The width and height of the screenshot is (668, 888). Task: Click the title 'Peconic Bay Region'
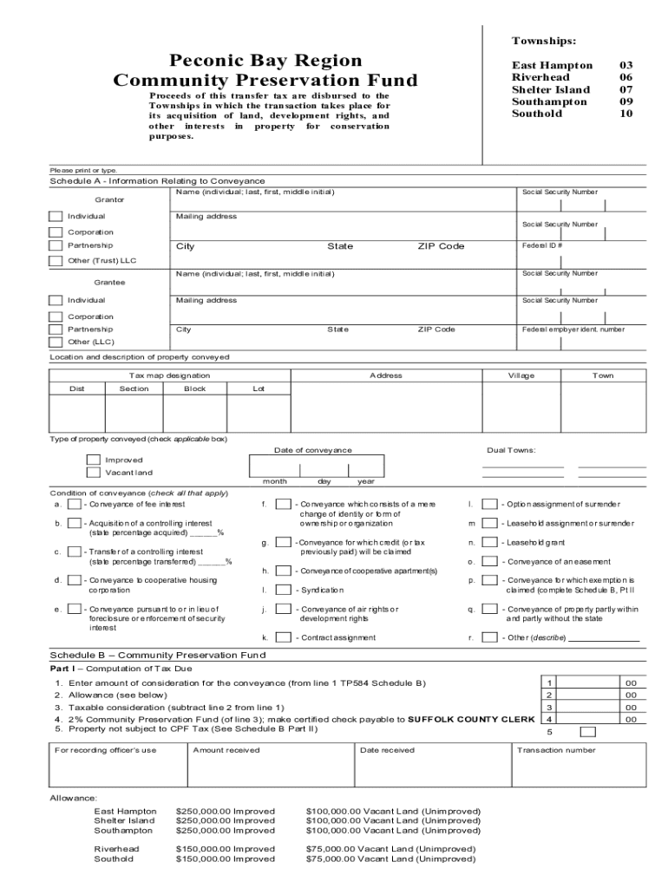pos(265,60)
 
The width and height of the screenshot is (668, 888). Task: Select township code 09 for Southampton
pos(625,101)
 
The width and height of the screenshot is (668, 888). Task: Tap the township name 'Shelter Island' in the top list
pos(550,89)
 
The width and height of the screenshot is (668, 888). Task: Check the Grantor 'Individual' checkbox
pos(56,216)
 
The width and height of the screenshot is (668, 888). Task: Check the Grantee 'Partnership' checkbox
pos(56,330)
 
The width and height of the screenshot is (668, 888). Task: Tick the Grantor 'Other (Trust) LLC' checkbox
pos(56,260)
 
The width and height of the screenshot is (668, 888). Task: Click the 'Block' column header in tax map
pos(195,388)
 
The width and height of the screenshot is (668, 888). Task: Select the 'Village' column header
pos(521,375)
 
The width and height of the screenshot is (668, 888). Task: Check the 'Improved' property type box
pos(93,460)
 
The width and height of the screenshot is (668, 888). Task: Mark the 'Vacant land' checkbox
pos(93,473)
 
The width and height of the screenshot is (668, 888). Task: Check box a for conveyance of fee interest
pos(75,504)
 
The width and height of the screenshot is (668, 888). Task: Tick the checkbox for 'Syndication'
pos(283,590)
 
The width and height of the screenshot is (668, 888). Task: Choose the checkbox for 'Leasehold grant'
pos(490,542)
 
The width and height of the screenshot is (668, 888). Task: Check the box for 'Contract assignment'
pos(283,637)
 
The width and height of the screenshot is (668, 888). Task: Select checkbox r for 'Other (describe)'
pos(490,637)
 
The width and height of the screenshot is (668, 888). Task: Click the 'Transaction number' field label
pos(556,750)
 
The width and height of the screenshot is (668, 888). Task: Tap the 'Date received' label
pos(387,750)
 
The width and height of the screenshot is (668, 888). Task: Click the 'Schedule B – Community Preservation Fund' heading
pos(157,655)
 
